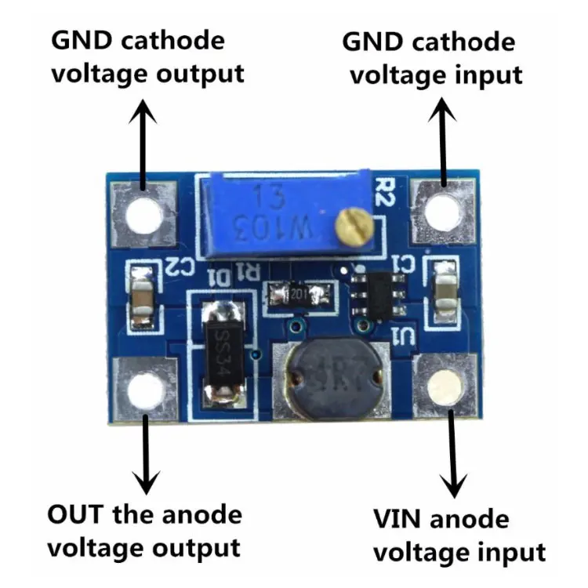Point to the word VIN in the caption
point(397,519)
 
